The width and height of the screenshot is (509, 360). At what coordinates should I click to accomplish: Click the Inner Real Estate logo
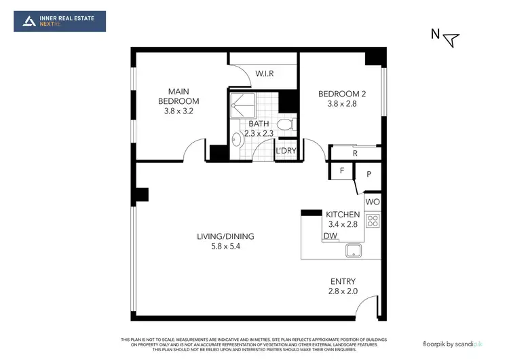[x=60, y=21]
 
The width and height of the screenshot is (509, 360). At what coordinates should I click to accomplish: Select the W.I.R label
[x=264, y=73]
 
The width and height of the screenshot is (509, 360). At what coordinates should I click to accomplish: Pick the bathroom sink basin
[x=235, y=141]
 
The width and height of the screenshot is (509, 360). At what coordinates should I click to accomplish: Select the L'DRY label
[x=284, y=151]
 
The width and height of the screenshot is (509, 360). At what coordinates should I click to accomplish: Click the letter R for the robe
[x=355, y=154]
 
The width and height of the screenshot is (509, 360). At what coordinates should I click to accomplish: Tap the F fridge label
[x=342, y=170]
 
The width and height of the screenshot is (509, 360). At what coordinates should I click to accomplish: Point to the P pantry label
[x=369, y=174]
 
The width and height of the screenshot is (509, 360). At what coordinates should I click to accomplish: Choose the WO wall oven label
[x=373, y=202]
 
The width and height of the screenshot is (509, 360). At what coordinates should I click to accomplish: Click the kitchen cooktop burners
[x=373, y=220]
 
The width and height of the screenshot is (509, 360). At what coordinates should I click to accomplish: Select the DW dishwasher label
[x=331, y=236]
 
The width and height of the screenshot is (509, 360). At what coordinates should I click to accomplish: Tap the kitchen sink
[x=354, y=250]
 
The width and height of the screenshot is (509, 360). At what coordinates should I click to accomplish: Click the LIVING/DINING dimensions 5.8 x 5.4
[x=225, y=247]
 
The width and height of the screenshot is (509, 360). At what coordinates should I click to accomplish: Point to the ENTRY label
[x=343, y=281]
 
